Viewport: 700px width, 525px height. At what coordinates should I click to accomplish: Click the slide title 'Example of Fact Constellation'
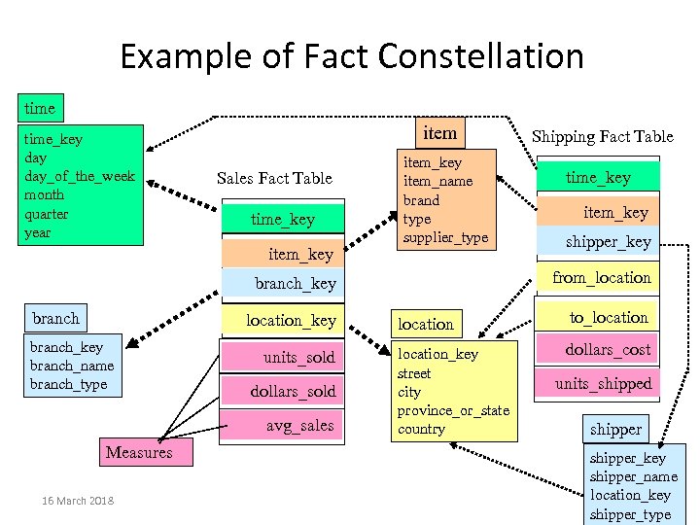click(351, 56)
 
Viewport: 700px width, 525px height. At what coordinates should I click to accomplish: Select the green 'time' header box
click(40, 107)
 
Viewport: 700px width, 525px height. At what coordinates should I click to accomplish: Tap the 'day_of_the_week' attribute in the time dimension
click(80, 176)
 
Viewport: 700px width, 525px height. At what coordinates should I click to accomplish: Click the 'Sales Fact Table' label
click(274, 178)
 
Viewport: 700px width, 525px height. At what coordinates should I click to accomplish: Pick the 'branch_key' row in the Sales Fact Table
click(295, 284)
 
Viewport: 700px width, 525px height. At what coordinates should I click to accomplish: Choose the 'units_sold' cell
click(298, 358)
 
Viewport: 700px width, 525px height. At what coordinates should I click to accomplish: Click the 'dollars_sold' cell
click(293, 391)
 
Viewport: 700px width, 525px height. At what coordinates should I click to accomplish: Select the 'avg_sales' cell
click(299, 425)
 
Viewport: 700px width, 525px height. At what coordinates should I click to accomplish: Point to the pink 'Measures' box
click(138, 452)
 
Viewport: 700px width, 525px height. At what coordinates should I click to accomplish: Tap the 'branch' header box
click(55, 318)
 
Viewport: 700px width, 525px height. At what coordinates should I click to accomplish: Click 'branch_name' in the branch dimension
click(72, 366)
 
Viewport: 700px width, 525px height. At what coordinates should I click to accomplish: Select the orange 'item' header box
click(439, 131)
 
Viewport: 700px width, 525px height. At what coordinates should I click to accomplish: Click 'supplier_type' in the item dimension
click(445, 237)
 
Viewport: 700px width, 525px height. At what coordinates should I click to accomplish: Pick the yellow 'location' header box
click(426, 324)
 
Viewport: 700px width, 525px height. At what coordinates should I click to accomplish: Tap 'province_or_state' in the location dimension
click(453, 410)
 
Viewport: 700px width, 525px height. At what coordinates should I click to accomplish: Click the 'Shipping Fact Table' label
click(602, 137)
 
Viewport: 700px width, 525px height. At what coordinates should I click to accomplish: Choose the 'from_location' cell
click(601, 278)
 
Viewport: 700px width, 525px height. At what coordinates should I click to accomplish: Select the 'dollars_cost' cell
click(609, 349)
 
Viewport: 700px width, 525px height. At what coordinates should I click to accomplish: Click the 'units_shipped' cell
click(603, 384)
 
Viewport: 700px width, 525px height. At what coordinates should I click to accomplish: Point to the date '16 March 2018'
click(78, 501)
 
